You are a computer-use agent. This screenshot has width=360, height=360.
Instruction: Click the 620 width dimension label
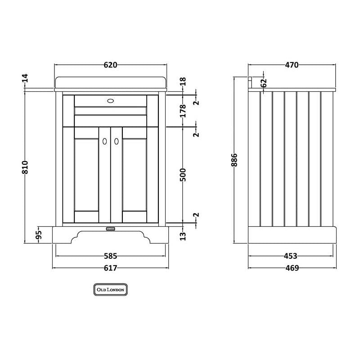click(x=110, y=65)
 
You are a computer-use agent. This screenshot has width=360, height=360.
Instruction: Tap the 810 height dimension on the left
click(x=25, y=167)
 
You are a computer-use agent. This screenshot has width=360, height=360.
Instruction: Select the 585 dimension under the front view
click(x=110, y=256)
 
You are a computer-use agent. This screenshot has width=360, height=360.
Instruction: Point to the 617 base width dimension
click(x=110, y=268)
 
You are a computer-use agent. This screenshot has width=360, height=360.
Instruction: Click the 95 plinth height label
click(x=39, y=234)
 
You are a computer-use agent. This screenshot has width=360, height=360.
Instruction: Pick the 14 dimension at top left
click(x=25, y=78)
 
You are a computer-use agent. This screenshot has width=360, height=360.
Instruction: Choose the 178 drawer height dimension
click(x=183, y=111)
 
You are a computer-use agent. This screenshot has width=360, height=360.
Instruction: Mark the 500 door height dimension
click(x=183, y=175)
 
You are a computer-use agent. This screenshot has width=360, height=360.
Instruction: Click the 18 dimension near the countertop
click(x=183, y=82)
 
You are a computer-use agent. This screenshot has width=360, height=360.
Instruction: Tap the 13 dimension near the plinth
click(x=183, y=236)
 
